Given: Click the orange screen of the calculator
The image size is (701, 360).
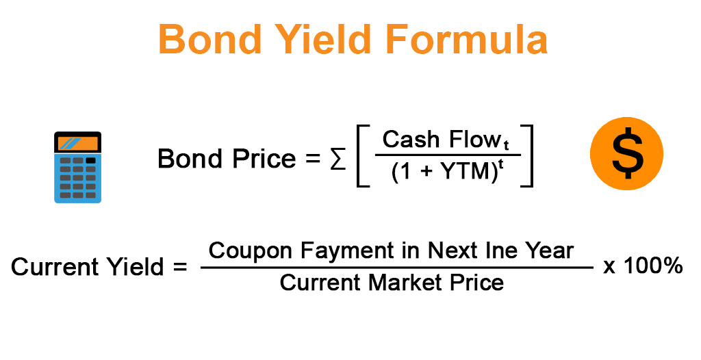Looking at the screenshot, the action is [78, 143].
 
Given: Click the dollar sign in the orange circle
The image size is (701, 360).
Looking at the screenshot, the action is [627, 153].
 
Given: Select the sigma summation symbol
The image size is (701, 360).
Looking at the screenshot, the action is [338, 159].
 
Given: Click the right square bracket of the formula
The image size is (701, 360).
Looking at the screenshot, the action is [527, 155].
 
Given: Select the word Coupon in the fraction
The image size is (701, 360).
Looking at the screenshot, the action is [251, 250].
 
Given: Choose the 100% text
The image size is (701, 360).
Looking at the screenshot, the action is [653, 266].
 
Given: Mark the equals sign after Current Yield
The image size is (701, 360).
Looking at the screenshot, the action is [179, 268].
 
